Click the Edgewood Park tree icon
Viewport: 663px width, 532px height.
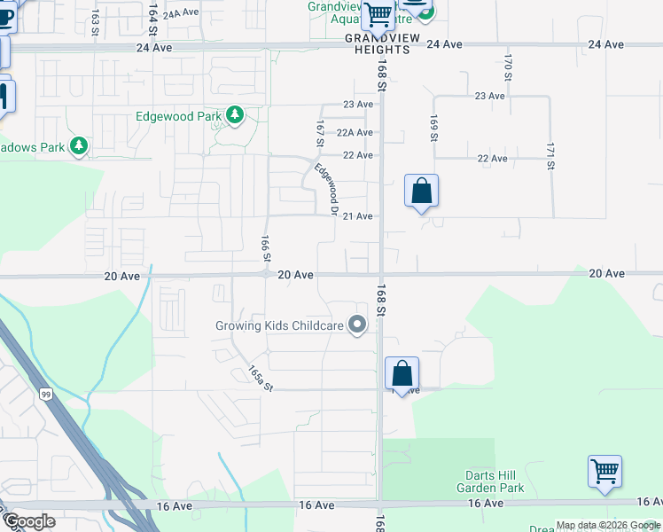[235, 116]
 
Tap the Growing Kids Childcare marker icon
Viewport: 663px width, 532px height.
[357, 326]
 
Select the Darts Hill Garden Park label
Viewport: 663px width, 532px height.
[490, 482]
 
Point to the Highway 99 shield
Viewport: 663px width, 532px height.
[45, 394]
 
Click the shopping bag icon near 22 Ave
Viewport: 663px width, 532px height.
[421, 191]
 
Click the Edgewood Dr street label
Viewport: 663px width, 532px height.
[328, 188]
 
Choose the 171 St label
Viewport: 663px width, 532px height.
[550, 155]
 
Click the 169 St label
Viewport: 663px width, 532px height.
[434, 127]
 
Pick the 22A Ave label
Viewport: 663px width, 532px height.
[355, 132]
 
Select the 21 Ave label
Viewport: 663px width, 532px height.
[357, 216]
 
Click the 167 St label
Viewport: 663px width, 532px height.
[320, 134]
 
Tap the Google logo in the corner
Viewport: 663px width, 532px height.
[29, 521]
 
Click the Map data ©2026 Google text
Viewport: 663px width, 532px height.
[607, 526]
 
